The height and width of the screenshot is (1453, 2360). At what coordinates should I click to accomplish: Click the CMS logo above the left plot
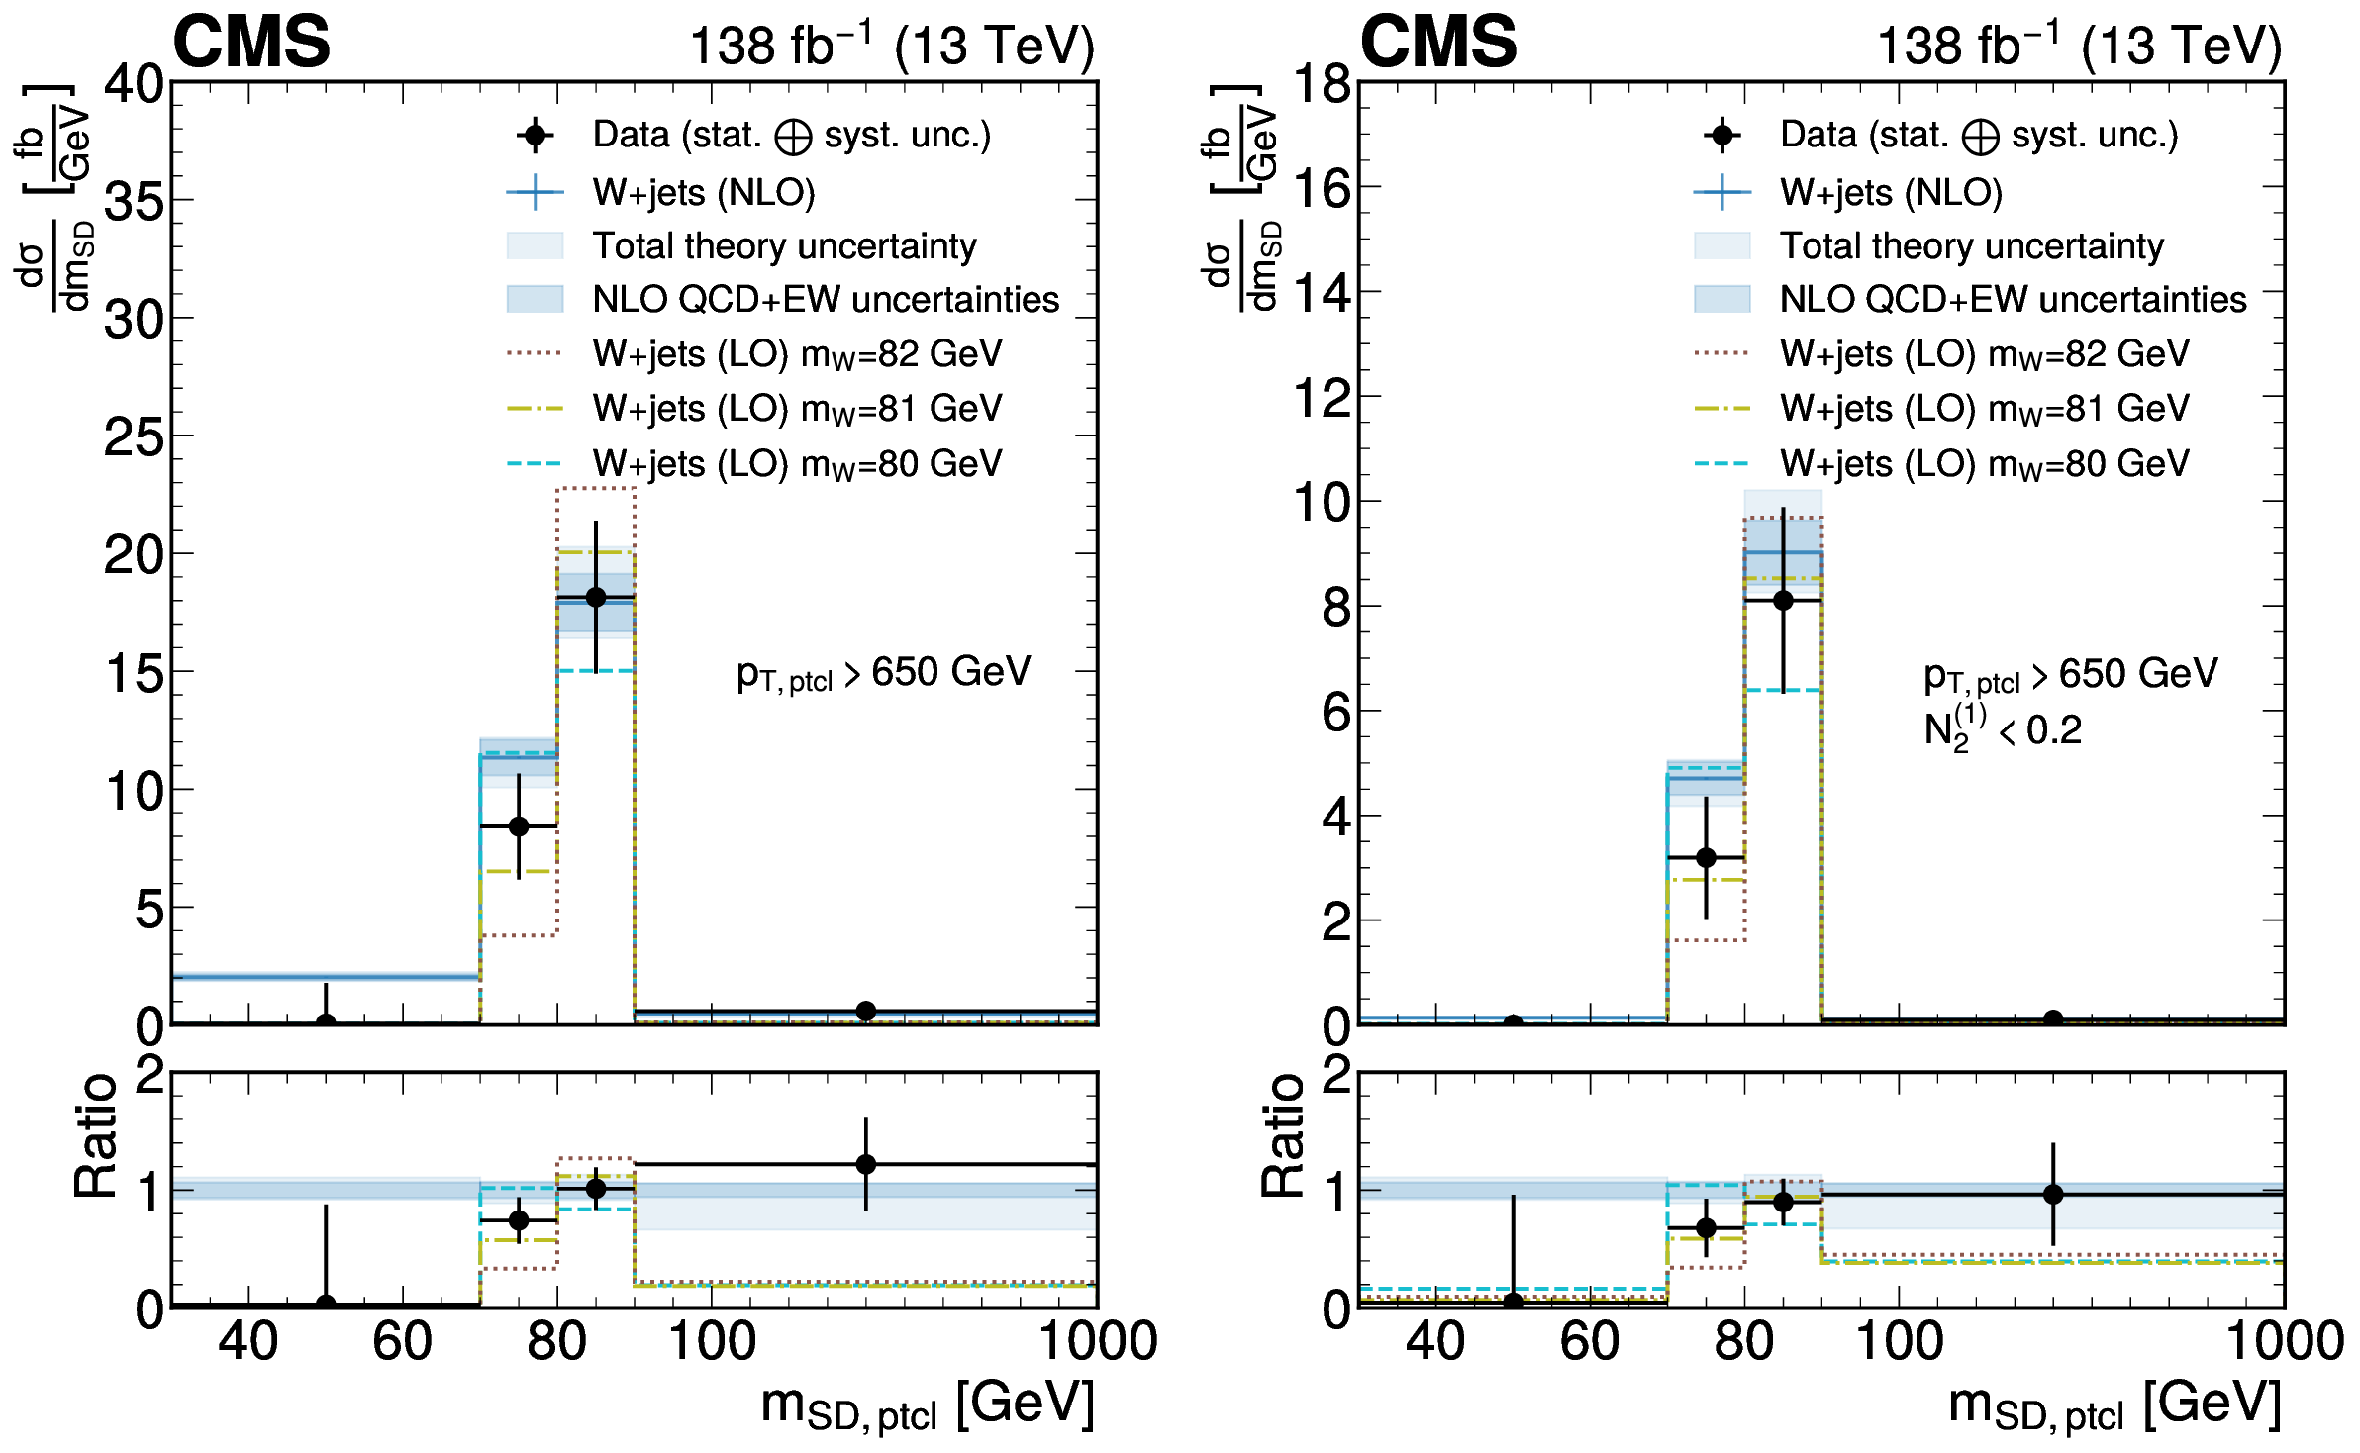[x=251, y=43]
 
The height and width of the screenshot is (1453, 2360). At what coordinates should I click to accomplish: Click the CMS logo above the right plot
[x=1438, y=43]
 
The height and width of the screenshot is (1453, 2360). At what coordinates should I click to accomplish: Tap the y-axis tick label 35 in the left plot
[x=135, y=202]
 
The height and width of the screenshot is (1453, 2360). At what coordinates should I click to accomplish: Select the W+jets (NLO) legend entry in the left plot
[x=703, y=192]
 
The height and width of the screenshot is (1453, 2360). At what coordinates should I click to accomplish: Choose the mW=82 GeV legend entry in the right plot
[x=1984, y=354]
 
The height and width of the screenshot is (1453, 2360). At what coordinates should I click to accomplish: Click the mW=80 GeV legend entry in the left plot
[x=797, y=463]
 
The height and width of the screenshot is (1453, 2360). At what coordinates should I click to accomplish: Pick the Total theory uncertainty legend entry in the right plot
[x=1971, y=245]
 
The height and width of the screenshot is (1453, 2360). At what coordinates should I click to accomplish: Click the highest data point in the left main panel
[x=596, y=597]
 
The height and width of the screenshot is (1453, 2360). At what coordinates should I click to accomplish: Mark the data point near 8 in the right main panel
[x=1783, y=600]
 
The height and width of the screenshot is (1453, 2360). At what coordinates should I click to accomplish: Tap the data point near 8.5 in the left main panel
[x=519, y=826]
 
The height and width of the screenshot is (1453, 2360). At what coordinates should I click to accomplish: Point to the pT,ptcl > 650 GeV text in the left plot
[x=883, y=673]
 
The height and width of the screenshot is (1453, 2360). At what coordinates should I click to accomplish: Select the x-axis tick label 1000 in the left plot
[x=1097, y=1342]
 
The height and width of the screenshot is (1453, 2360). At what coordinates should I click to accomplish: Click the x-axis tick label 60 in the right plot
[x=1589, y=1342]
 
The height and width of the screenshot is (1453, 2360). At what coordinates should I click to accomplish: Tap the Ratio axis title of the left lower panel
[x=97, y=1135]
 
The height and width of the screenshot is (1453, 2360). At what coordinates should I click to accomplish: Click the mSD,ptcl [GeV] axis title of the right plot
[x=2114, y=1405]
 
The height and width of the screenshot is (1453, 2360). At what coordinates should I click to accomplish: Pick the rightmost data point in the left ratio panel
[x=866, y=1164]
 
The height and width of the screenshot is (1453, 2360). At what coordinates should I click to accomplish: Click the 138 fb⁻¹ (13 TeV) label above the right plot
[x=2079, y=46]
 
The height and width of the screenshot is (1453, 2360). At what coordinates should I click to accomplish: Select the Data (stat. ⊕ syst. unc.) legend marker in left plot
[x=536, y=136]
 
